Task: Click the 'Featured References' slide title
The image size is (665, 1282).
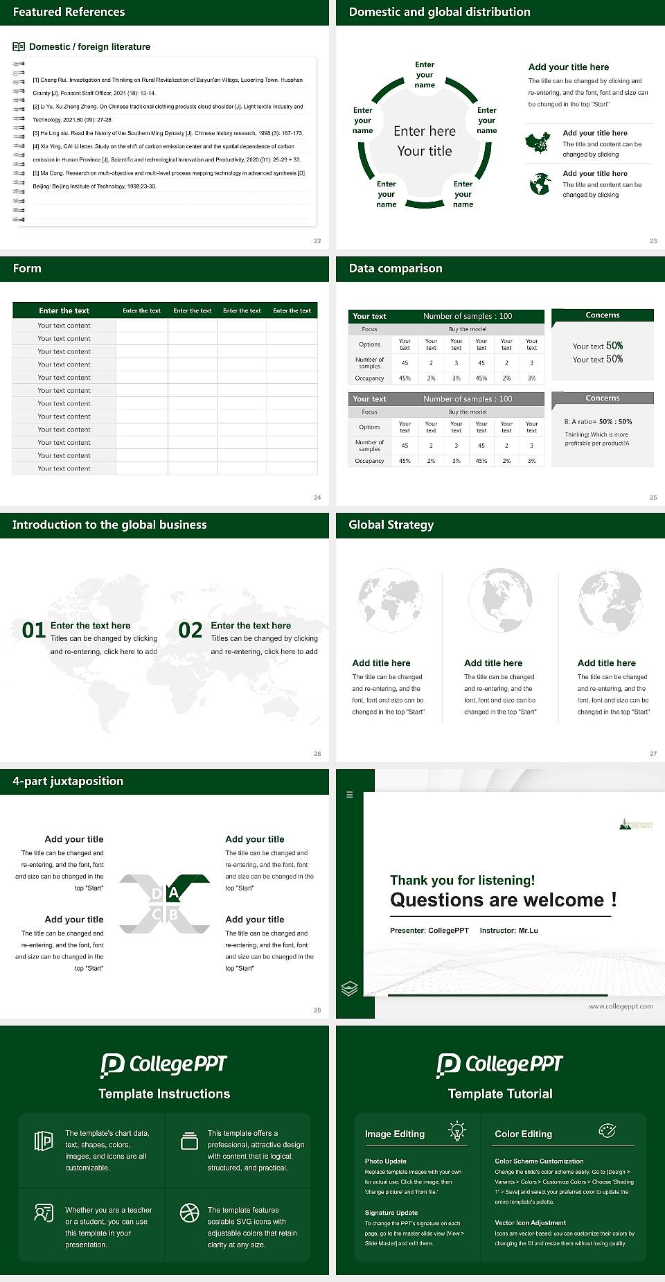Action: [x=69, y=12]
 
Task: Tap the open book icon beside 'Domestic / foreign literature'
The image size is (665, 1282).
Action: [x=19, y=47]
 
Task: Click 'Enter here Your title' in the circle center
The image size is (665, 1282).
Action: [x=425, y=141]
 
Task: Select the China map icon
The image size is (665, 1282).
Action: [x=538, y=143]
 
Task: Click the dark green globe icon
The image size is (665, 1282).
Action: [x=540, y=184]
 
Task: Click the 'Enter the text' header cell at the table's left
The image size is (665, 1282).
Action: [x=64, y=310]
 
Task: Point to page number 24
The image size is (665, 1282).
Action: [x=317, y=498]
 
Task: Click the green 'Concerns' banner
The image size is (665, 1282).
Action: [x=603, y=315]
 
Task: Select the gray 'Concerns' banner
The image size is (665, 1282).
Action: [x=603, y=398]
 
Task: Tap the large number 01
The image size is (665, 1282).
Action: [x=33, y=631]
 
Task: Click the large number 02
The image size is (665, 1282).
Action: [x=190, y=631]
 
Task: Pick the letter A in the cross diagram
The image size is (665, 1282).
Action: [x=174, y=893]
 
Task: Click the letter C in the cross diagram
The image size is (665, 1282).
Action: [x=157, y=915]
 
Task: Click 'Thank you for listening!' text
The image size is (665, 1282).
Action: [x=462, y=880]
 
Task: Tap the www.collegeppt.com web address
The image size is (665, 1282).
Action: [x=621, y=1006]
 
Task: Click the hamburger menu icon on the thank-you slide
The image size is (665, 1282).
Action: [x=350, y=795]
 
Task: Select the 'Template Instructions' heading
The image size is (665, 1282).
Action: [x=164, y=1094]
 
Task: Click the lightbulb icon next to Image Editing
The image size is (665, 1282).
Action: [x=456, y=1130]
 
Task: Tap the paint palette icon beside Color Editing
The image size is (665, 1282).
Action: [x=607, y=1130]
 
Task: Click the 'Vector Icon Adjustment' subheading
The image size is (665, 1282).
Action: [x=530, y=1223]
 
